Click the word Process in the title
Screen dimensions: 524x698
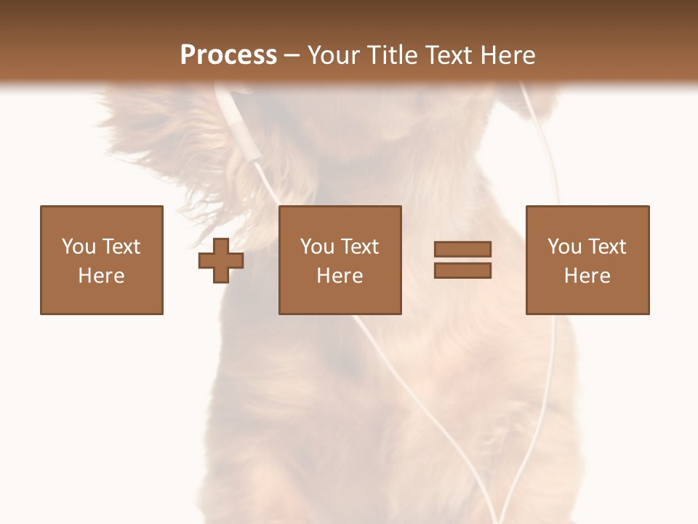(x=228, y=55)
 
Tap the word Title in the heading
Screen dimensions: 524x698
(x=393, y=55)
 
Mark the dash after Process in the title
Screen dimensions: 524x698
(x=292, y=56)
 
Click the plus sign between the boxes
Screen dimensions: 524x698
(x=221, y=261)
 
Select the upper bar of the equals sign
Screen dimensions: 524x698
(x=462, y=249)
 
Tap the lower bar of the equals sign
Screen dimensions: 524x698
(x=462, y=271)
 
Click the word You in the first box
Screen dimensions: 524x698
(x=78, y=247)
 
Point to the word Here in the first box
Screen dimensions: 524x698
(x=101, y=276)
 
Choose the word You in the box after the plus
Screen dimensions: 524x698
(x=317, y=247)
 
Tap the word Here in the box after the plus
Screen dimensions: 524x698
(x=340, y=276)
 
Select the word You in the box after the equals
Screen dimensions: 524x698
(x=564, y=247)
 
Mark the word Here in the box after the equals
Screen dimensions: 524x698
(x=587, y=276)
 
